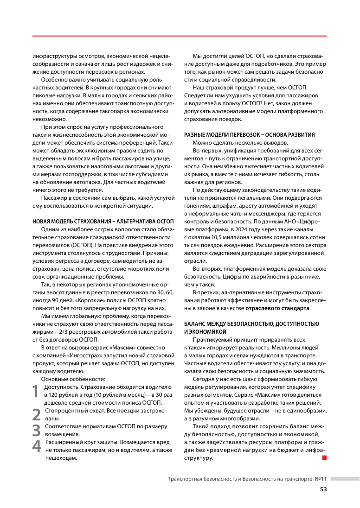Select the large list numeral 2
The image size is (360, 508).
[x=36, y=414]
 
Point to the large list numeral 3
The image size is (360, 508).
[x=36, y=430]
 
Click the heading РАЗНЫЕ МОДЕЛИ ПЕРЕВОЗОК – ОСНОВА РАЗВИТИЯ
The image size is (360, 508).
[x=249, y=135]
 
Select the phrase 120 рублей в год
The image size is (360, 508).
[x=70, y=394]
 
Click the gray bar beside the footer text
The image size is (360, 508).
[x=345, y=479]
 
